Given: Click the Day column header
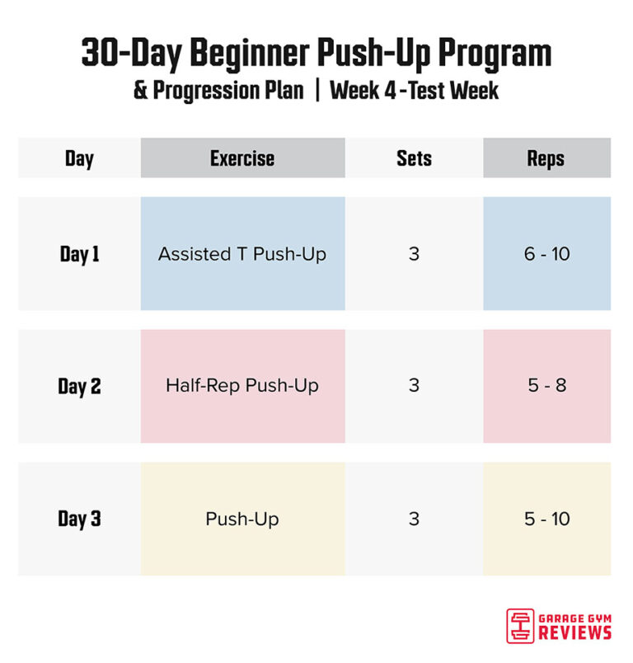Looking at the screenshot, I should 79,158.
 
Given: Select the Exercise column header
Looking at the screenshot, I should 242,158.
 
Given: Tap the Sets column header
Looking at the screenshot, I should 414,158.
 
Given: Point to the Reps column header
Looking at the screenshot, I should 546,158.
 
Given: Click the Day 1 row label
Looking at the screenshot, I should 79,254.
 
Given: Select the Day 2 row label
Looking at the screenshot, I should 79,386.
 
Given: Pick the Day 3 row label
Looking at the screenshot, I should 79,519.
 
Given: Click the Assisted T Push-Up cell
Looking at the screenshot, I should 242,254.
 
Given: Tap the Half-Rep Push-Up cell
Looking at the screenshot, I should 242,386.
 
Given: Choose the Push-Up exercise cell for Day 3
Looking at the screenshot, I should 242,519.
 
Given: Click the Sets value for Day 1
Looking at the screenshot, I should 414,254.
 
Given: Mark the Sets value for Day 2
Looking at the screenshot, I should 414,386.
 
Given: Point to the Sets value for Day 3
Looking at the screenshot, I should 414,519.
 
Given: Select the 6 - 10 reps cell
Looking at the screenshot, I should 546,254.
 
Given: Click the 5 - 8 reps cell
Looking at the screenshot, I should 546,386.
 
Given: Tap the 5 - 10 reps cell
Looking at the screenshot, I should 546,519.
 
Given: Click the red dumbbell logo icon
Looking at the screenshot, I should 520,625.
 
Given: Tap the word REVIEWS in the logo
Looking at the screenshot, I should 575,632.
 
